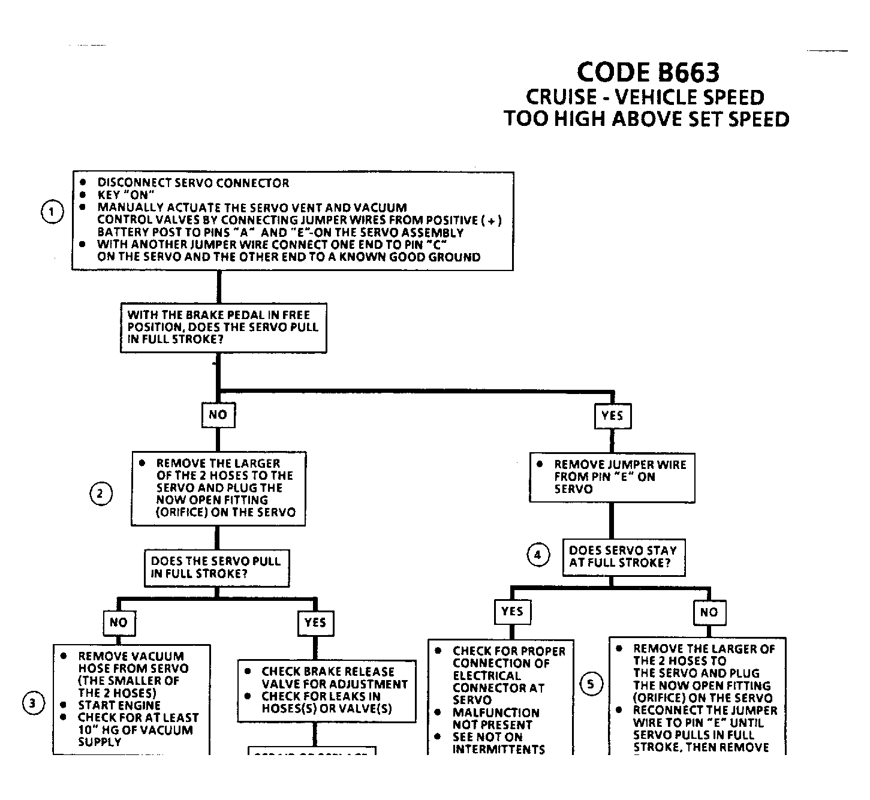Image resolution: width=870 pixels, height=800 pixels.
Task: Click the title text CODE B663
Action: (648, 73)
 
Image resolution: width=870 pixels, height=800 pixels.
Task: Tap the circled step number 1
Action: (52, 212)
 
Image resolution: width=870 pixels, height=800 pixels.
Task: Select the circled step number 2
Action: (101, 494)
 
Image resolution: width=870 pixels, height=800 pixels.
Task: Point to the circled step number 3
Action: (34, 703)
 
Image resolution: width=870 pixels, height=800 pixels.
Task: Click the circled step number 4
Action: (538, 555)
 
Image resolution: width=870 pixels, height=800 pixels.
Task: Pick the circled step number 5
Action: (592, 684)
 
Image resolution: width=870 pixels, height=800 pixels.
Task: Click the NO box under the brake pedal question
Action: (218, 414)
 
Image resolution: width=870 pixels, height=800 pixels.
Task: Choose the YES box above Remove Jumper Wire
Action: (612, 416)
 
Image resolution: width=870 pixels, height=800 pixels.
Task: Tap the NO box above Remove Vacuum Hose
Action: (118, 622)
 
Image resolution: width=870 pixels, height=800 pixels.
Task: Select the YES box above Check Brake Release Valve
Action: (315, 622)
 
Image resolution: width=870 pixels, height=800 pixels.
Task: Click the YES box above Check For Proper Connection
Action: (512, 611)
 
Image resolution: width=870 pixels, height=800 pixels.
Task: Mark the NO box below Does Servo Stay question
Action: (709, 612)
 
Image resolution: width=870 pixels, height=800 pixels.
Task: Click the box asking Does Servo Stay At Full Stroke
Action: (623, 557)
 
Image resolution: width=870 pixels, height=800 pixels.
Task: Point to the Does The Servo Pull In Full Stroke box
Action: (216, 567)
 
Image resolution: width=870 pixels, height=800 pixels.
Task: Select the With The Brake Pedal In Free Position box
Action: (223, 327)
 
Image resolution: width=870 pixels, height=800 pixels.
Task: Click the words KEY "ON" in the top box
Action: (127, 195)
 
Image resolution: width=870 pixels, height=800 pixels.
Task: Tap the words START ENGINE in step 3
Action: (119, 705)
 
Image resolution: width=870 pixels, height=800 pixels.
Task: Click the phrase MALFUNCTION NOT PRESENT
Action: (496, 718)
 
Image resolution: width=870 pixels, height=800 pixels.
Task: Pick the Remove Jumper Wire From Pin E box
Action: (612, 477)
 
